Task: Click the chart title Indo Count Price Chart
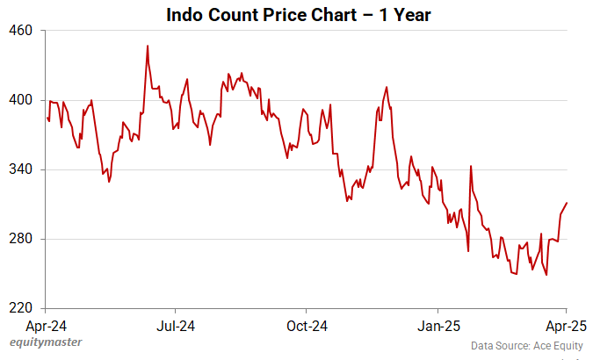click(296, 15)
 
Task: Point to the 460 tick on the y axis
click(20, 31)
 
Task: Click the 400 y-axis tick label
click(20, 100)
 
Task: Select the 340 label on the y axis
click(20, 169)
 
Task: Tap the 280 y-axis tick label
click(20, 239)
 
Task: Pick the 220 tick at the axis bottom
click(20, 308)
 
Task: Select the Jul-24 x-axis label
click(175, 326)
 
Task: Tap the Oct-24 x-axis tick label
click(307, 326)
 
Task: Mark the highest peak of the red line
click(148, 46)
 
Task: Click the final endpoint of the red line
click(568, 203)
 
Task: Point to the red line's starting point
click(47, 117)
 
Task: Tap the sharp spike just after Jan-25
click(471, 166)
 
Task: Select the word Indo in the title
click(186, 15)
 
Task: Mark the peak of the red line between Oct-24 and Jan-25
click(387, 87)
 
